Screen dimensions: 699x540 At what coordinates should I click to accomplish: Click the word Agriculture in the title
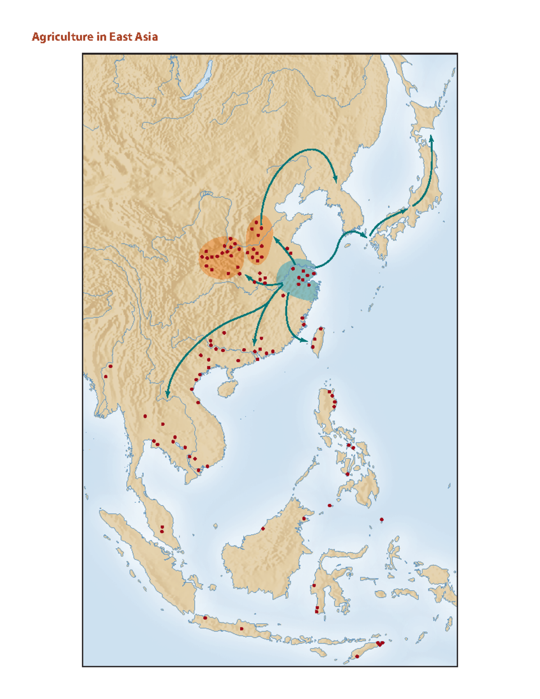click(x=63, y=37)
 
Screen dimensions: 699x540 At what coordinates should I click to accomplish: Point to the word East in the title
click(x=120, y=37)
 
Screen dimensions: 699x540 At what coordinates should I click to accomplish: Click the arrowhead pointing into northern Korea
click(x=335, y=180)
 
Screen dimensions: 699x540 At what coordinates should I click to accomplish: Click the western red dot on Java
click(x=205, y=618)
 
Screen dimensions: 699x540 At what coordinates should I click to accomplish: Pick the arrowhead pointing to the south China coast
click(x=255, y=343)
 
